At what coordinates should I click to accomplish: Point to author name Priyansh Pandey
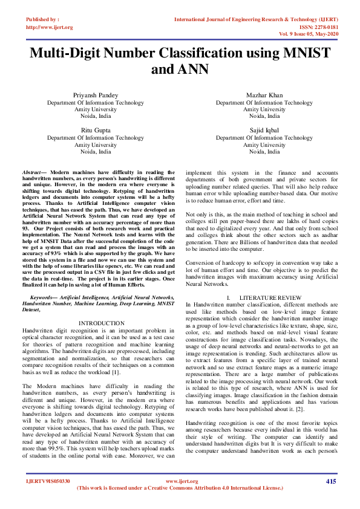(96, 96)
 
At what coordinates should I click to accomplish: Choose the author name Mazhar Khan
(264, 96)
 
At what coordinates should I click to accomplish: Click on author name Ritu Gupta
(96, 130)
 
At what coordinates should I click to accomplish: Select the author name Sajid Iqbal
(264, 130)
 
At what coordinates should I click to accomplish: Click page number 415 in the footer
(330, 481)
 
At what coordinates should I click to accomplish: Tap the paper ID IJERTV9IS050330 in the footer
(48, 481)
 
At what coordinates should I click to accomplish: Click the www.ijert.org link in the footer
(180, 481)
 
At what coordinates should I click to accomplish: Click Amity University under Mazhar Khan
(264, 109)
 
